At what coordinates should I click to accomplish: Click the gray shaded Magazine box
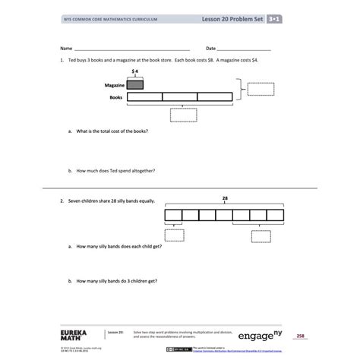point(134,85)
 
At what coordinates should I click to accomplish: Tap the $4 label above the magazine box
point(134,73)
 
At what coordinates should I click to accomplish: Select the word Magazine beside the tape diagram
point(113,85)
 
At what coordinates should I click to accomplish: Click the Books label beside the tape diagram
point(116,97)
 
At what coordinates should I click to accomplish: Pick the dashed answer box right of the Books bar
point(261,90)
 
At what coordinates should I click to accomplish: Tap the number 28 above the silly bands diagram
point(224,197)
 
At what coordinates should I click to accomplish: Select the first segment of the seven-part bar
point(173,214)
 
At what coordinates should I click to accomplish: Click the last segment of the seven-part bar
point(275,214)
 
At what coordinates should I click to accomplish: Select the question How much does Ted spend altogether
point(115,171)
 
